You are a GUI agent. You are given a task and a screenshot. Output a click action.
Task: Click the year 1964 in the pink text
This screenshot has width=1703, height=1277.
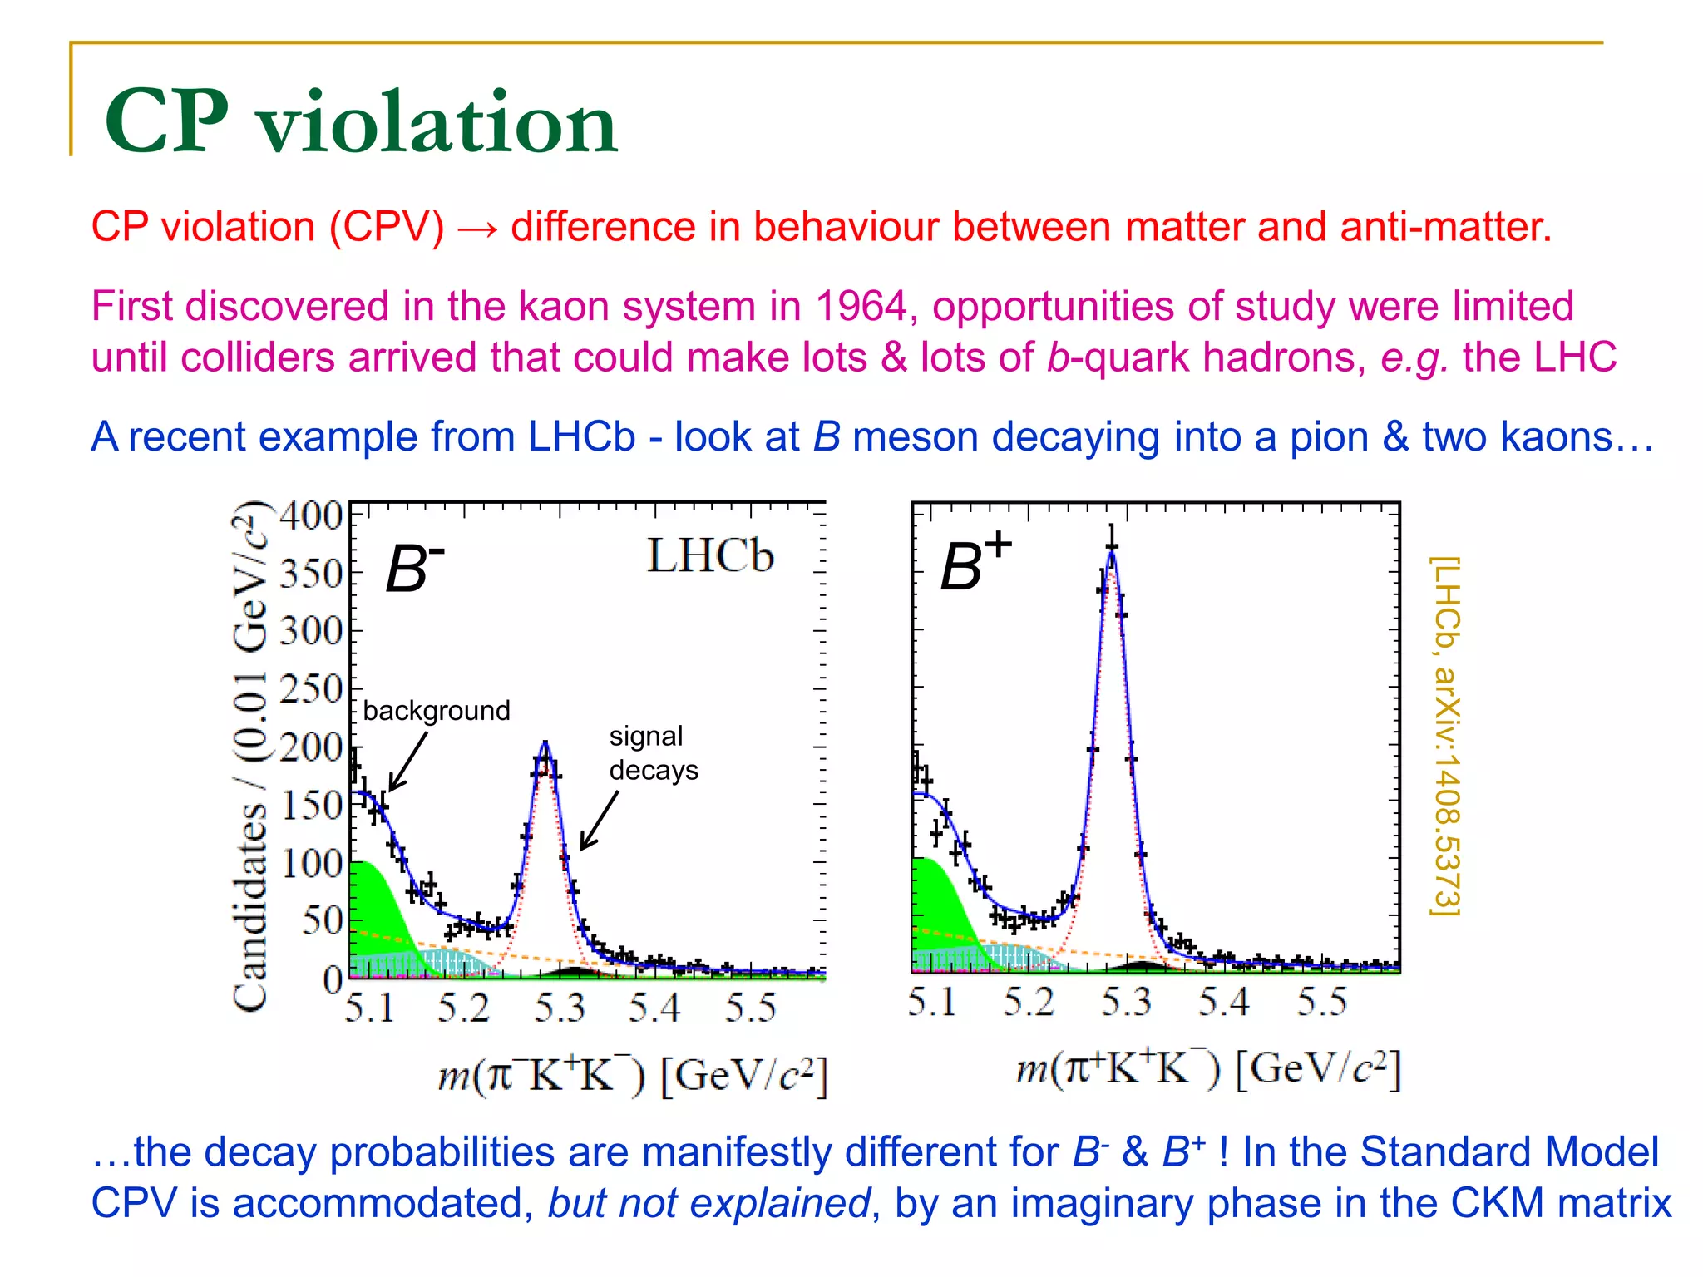pos(860,306)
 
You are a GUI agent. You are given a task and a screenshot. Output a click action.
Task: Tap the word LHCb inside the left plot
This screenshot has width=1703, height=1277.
pos(709,555)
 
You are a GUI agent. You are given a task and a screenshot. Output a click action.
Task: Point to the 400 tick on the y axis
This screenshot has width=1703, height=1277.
pos(311,516)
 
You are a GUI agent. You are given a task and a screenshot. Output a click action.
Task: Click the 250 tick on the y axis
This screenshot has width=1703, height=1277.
pos(311,689)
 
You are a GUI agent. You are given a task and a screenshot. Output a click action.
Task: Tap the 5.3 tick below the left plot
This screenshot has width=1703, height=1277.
pos(559,1008)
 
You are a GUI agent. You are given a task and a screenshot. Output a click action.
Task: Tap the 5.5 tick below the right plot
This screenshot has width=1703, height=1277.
pos(1321,1002)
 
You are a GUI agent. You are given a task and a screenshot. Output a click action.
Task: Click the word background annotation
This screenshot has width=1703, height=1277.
pos(437,711)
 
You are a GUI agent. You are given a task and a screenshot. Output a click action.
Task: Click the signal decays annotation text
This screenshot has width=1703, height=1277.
pos(653,753)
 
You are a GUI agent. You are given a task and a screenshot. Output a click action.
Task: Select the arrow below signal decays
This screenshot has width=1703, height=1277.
pos(599,821)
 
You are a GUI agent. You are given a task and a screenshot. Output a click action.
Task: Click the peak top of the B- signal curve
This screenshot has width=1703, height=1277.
pos(545,744)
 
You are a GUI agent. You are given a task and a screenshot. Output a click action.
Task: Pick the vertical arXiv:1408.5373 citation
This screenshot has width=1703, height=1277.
pos(1445,737)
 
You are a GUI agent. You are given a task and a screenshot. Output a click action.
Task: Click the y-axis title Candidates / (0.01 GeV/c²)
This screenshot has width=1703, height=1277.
pos(250,757)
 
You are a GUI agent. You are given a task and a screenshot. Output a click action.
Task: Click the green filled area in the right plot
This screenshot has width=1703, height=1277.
pos(940,898)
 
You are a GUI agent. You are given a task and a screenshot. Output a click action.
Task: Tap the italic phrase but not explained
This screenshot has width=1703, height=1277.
pos(708,1203)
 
